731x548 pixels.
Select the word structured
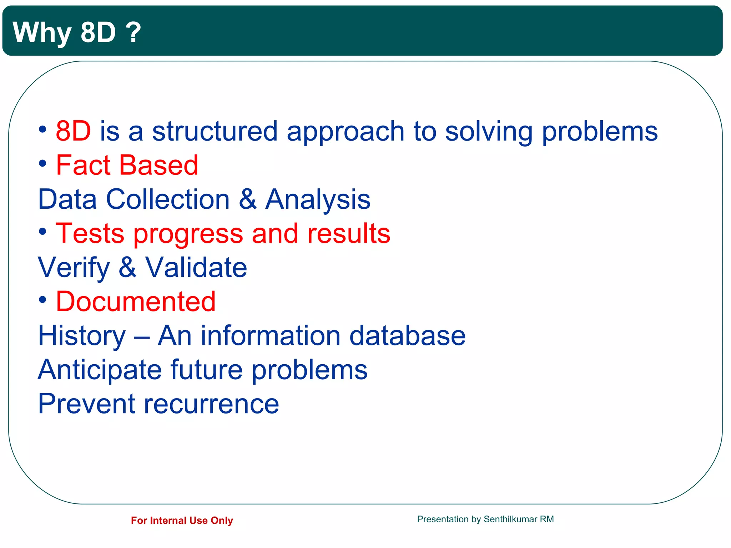pyautogui.click(x=215, y=131)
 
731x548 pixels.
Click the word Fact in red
pyautogui.click(x=84, y=165)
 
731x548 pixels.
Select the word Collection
pyautogui.click(x=168, y=199)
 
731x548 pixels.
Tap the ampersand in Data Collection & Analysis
pyautogui.click(x=247, y=199)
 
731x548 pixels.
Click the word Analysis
pyautogui.click(x=318, y=200)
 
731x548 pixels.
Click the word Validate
pyautogui.click(x=196, y=268)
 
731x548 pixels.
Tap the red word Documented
pyautogui.click(x=136, y=301)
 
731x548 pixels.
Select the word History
pyautogui.click(x=82, y=336)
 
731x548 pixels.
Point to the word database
pyautogui.click(x=407, y=336)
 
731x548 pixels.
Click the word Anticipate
pyautogui.click(x=100, y=370)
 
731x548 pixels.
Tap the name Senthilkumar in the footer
pyautogui.click(x=510, y=519)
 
